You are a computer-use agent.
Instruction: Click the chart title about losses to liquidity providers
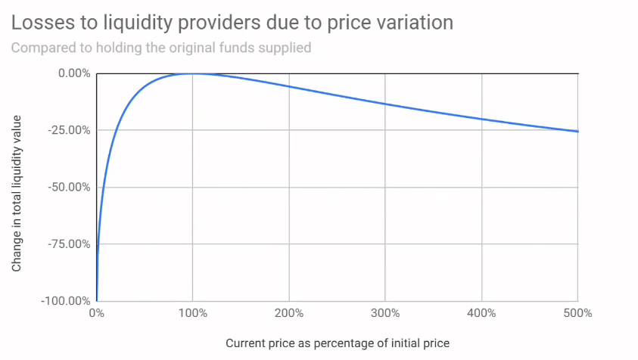232,23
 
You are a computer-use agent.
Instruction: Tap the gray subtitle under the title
162,48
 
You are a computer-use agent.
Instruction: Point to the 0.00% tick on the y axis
74,73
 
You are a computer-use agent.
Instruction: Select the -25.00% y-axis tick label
70,130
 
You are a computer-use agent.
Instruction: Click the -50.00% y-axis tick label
70,187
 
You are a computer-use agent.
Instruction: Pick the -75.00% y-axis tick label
70,244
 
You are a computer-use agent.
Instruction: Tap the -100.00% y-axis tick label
67,301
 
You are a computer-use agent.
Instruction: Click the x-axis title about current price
338,343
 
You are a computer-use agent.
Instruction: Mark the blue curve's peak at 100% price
192,73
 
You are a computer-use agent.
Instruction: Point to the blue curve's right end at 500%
577,132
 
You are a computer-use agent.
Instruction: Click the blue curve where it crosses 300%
385,104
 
